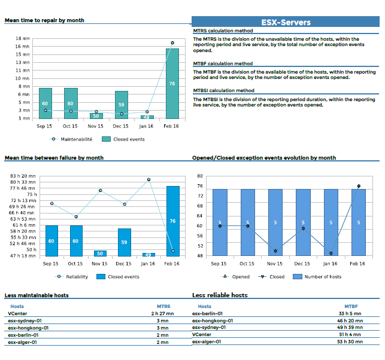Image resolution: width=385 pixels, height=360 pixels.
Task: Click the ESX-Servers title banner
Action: pyautogui.click(x=286, y=22)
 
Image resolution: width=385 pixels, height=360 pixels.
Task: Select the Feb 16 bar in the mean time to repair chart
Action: pyautogui.click(x=172, y=84)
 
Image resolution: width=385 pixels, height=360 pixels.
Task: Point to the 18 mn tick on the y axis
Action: pyautogui.click(x=22, y=38)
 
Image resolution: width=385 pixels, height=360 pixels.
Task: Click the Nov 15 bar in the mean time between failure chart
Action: pyautogui.click(x=100, y=254)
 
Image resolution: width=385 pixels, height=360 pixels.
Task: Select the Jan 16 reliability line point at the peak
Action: pyautogui.click(x=148, y=179)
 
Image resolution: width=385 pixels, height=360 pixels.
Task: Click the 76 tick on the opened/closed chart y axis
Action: pyautogui.click(x=199, y=186)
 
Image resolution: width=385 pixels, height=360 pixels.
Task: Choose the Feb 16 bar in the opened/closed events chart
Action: pyautogui.click(x=359, y=222)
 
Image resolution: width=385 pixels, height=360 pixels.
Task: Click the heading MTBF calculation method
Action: pyautogui.click(x=223, y=63)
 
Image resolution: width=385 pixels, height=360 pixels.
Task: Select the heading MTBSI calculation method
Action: pyautogui.click(x=223, y=91)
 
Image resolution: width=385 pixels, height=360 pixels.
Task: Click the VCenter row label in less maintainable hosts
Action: pyautogui.click(x=17, y=313)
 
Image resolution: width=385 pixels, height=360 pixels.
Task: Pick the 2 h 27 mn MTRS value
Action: pyautogui.click(x=162, y=313)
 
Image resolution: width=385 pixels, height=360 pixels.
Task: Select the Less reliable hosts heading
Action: pyautogui.click(x=220, y=295)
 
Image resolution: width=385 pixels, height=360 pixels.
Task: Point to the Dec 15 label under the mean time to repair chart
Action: pyautogui.click(x=122, y=126)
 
